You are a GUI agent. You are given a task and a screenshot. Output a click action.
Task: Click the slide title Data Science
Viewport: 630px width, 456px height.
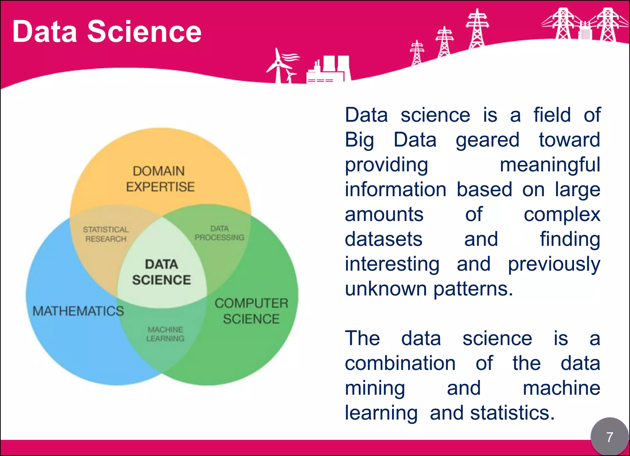click(107, 31)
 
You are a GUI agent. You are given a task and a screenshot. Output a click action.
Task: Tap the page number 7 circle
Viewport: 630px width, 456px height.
click(609, 437)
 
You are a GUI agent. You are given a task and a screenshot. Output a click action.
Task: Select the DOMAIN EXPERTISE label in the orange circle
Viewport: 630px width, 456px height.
click(160, 179)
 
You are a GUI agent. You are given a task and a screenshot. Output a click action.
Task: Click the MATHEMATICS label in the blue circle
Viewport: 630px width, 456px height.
click(78, 311)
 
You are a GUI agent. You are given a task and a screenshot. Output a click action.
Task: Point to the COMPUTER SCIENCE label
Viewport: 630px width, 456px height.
click(251, 311)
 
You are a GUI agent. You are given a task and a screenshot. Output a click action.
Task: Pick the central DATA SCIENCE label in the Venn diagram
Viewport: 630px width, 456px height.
click(161, 272)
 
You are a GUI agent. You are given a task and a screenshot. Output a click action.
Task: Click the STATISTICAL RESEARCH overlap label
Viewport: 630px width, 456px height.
click(106, 234)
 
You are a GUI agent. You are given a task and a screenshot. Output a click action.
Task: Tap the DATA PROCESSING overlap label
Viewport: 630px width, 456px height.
click(219, 233)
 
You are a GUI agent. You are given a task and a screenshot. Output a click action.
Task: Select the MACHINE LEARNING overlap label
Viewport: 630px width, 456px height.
click(165, 334)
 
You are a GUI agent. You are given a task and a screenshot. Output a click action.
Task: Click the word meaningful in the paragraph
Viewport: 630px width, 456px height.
click(550, 165)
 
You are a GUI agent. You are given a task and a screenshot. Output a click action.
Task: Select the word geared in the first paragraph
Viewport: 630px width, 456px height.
click(487, 140)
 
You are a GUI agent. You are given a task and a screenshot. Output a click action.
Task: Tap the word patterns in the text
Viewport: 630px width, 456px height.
click(473, 289)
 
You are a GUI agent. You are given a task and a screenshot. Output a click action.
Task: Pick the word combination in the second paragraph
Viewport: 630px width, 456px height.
click(400, 363)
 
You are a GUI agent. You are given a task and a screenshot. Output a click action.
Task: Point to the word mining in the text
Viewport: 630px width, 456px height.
click(375, 388)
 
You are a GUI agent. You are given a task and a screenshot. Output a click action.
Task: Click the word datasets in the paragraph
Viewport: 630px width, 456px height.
click(383, 239)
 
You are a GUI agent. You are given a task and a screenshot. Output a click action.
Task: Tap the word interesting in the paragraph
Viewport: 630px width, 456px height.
click(392, 264)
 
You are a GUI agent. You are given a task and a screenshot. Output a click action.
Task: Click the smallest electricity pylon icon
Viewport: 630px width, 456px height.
click(417, 53)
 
